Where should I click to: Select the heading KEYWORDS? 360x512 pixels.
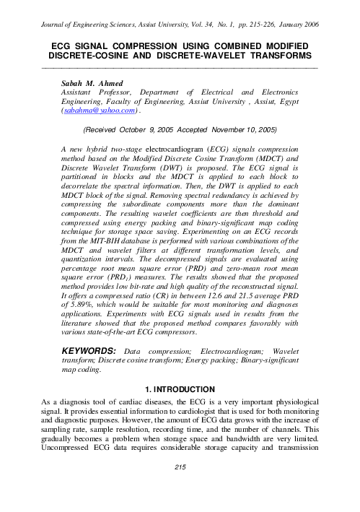click(90, 350)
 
